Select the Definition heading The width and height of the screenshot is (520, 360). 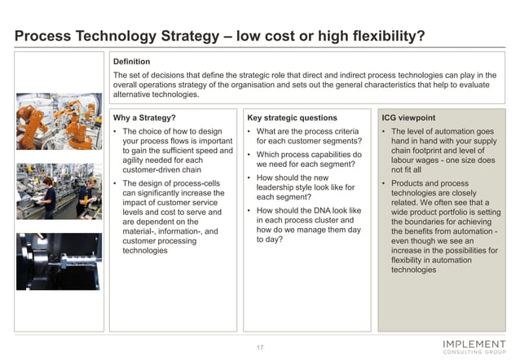(131, 61)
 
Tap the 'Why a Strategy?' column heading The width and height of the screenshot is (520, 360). (144, 117)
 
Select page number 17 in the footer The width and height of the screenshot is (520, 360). (260, 348)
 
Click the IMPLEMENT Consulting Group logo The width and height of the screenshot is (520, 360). (474, 345)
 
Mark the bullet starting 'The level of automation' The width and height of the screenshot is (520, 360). (443, 151)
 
